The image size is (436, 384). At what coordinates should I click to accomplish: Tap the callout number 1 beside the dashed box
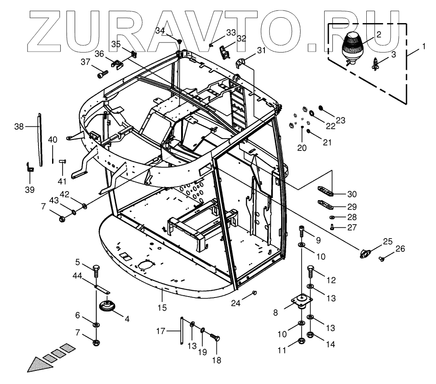(423, 46)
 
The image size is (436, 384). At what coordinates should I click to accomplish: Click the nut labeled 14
(310, 336)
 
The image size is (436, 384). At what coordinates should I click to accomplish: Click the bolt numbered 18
(214, 338)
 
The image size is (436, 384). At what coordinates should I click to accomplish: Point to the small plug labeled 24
(255, 293)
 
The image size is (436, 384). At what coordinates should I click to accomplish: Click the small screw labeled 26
(382, 259)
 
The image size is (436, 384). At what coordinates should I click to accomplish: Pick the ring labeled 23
(321, 109)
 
